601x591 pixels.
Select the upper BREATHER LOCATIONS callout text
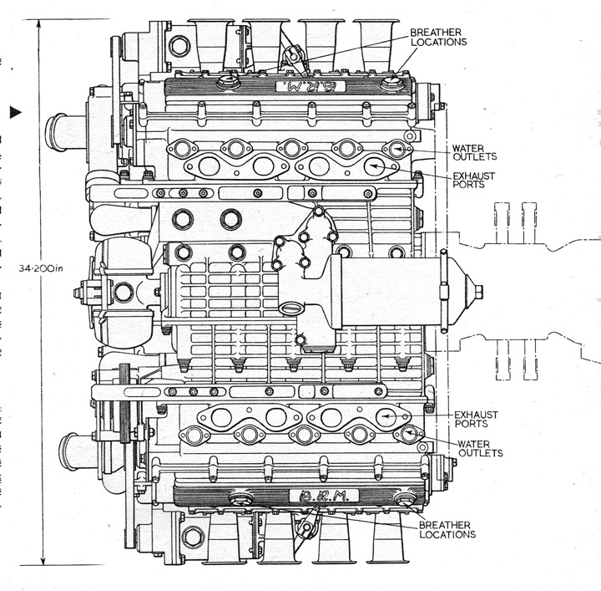pos(437,37)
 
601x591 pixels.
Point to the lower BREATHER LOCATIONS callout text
pos(447,529)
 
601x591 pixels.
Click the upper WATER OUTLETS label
pos(474,151)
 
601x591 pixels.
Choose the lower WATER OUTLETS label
pos(480,448)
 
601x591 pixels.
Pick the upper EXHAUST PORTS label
pos(474,181)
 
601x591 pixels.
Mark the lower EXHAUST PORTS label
pos(476,420)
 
